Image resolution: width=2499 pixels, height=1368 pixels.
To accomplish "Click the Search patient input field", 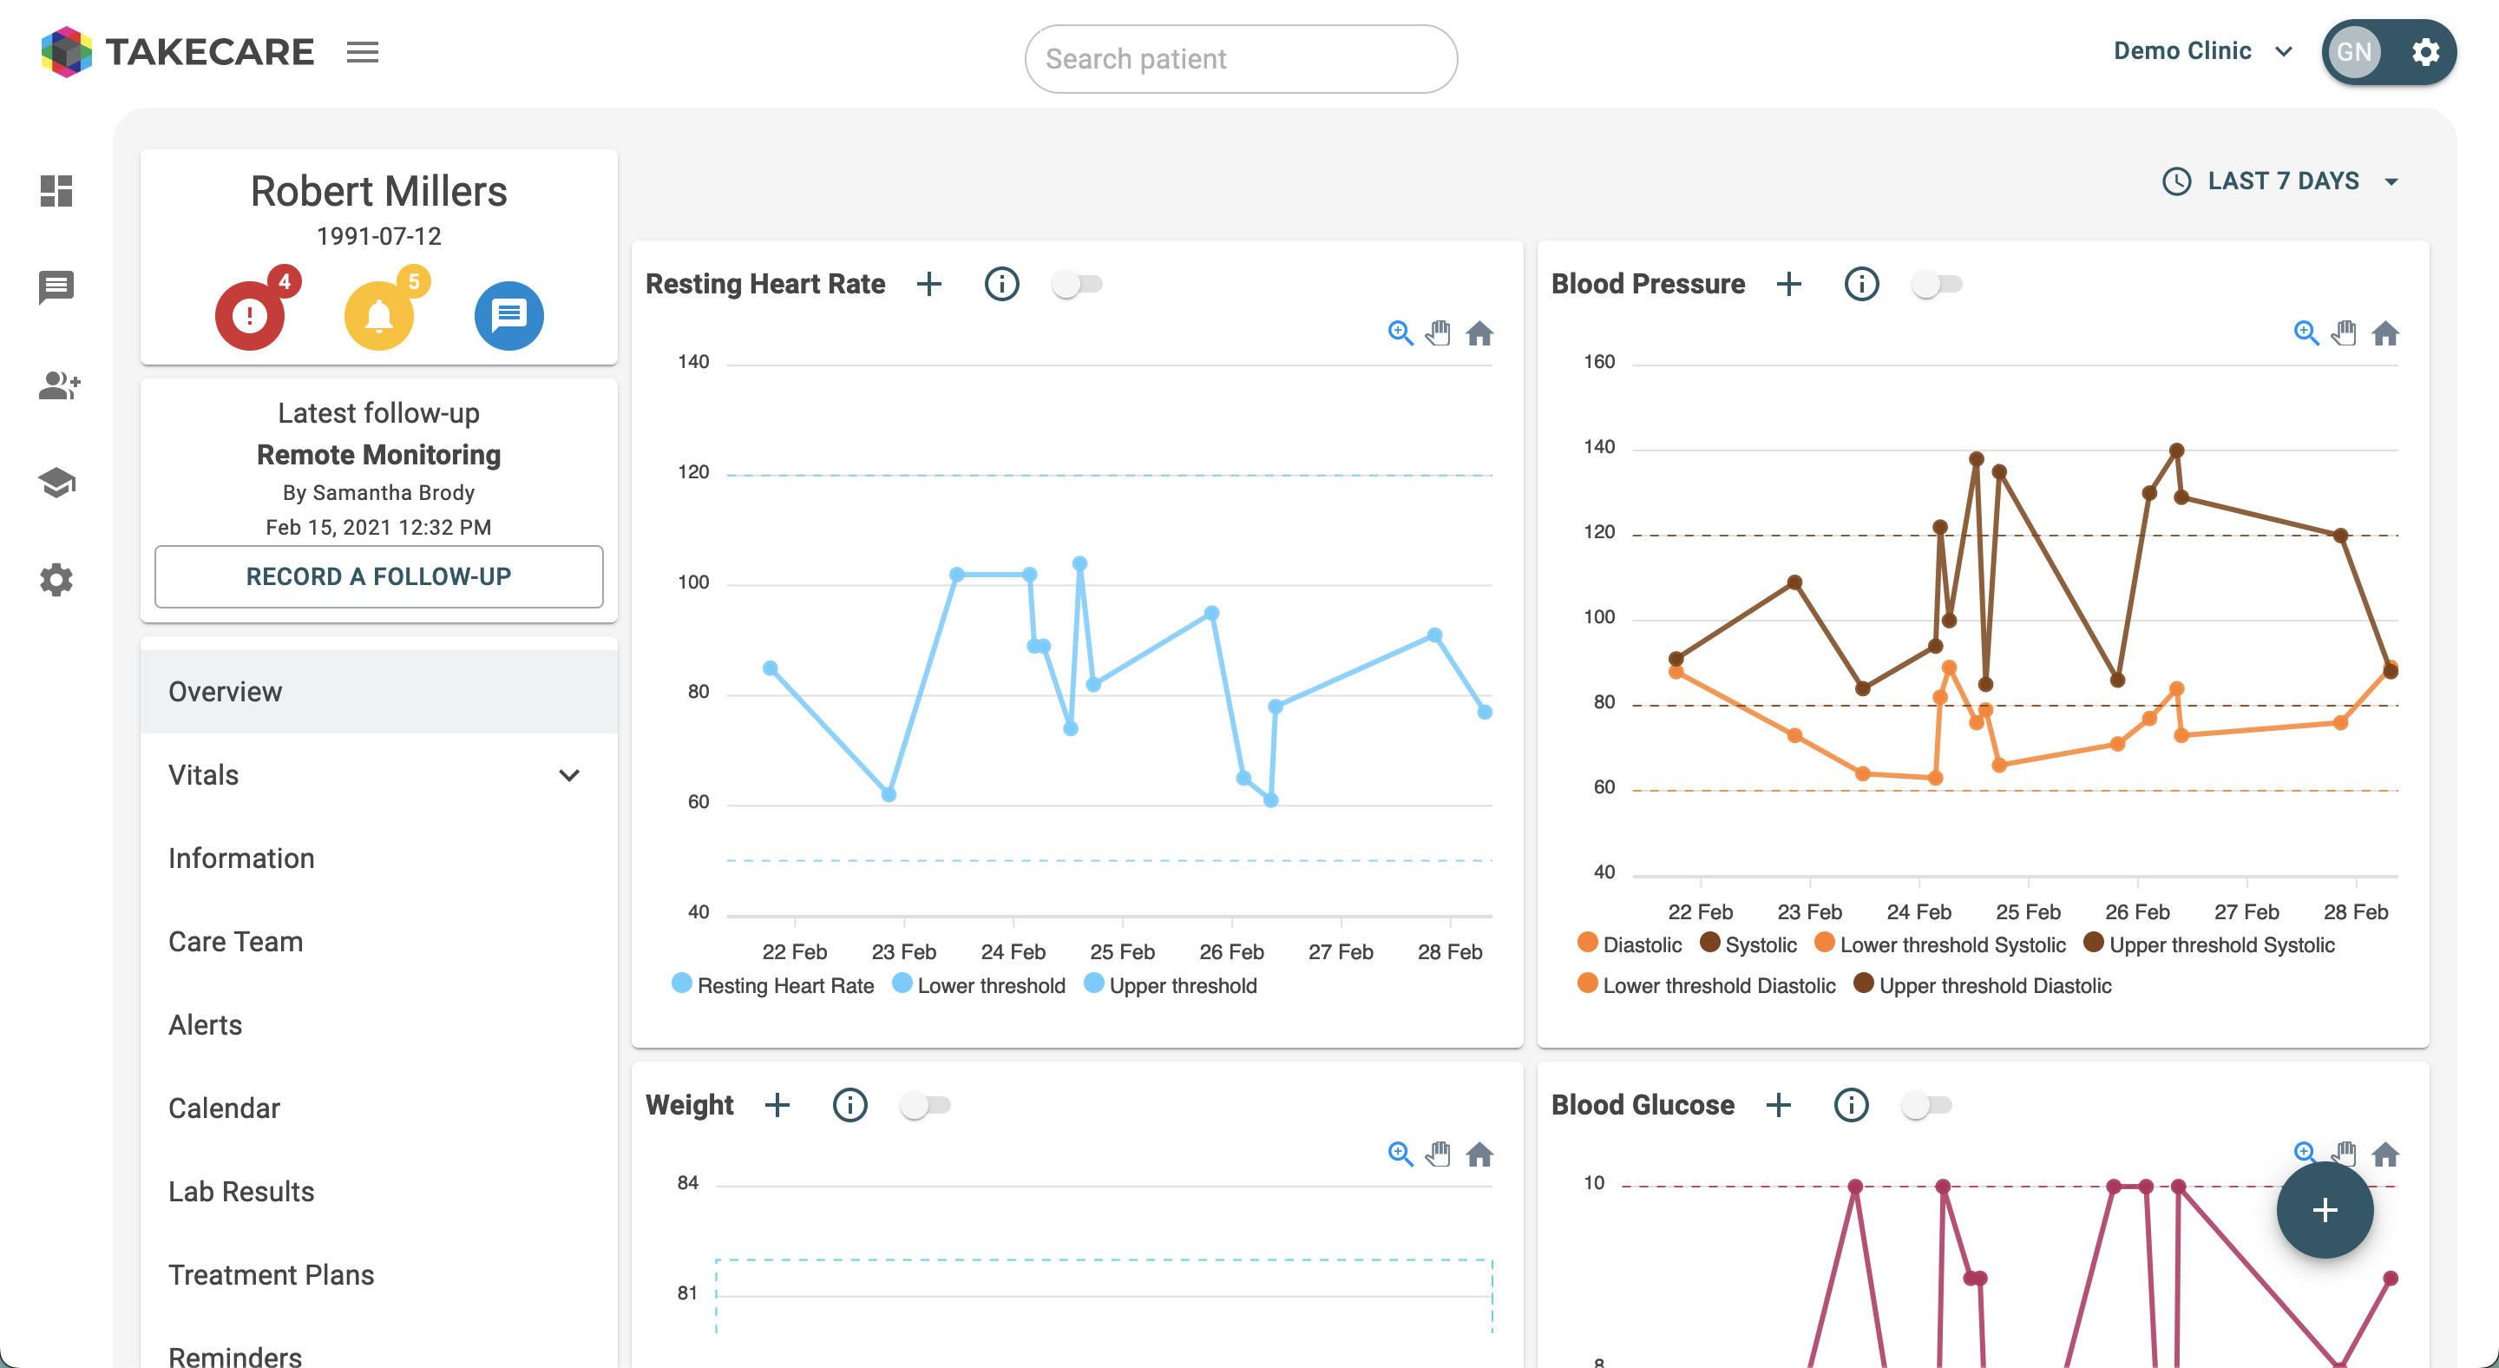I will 1240,59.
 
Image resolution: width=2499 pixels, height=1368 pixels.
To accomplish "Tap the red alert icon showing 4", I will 250,315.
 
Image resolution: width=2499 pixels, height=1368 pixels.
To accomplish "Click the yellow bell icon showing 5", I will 379,315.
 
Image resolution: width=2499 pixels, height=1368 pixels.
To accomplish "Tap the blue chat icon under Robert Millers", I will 508,315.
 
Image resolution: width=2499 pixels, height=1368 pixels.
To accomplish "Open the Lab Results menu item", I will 241,1192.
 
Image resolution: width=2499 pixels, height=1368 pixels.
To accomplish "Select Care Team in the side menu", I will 236,941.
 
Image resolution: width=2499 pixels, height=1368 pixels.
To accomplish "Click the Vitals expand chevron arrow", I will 569,775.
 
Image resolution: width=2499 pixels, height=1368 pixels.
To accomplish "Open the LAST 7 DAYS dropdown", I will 2282,181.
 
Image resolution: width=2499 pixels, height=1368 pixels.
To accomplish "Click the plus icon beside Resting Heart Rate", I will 929,284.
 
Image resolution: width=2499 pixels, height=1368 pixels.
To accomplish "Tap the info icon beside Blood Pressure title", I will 1860,284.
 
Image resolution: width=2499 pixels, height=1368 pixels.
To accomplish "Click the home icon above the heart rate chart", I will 1479,333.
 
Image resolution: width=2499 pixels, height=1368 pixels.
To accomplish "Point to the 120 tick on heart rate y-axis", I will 693,472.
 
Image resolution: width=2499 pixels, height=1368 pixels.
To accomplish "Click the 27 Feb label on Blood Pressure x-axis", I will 2246,912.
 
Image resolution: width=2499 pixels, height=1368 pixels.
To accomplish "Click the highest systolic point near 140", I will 2177,451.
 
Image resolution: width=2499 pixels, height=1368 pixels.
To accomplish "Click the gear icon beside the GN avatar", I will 2425,51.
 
